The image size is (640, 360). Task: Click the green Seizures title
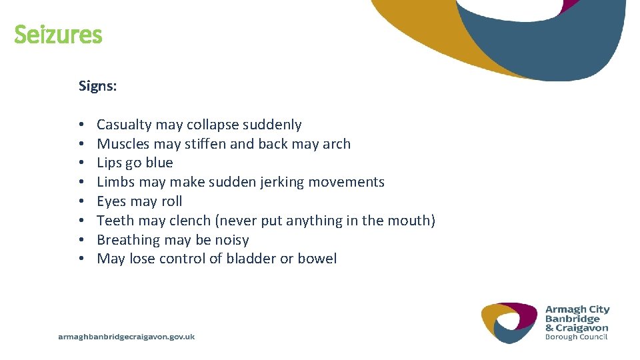tap(58, 35)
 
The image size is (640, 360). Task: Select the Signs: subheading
tap(97, 86)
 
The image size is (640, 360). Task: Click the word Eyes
tap(111, 201)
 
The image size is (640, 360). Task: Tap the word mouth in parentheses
tap(411, 221)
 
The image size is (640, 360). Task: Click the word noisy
tap(230, 240)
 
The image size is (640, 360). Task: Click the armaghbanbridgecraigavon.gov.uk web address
tap(127, 337)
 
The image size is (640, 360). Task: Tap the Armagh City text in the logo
tap(577, 309)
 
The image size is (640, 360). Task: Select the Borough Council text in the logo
tap(576, 337)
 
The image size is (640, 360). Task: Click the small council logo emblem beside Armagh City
tap(509, 322)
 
